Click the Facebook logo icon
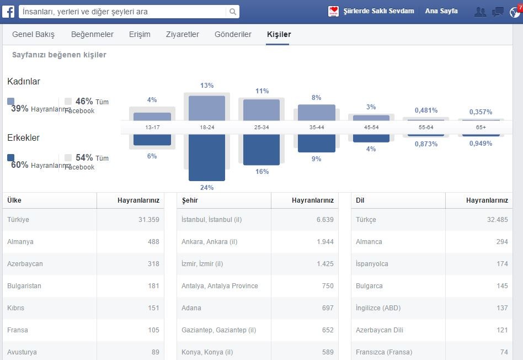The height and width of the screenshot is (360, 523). tap(8, 12)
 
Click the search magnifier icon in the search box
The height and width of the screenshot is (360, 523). tap(233, 12)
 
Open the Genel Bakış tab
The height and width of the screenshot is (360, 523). tap(33, 34)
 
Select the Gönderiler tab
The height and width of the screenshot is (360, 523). tap(233, 34)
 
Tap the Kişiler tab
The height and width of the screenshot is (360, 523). tap(279, 34)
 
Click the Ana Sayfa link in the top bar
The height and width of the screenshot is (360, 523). tap(441, 11)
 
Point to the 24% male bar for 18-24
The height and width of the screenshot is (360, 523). tap(207, 157)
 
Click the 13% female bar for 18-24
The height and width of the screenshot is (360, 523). tap(207, 108)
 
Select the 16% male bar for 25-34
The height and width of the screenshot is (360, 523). tap(261, 150)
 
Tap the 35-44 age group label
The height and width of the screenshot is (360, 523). tap(317, 127)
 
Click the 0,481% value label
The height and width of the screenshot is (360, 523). tap(426, 110)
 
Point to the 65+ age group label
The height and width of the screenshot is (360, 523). tap(481, 127)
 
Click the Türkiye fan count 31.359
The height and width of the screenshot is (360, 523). tap(149, 220)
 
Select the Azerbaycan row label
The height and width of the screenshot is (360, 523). tap(25, 264)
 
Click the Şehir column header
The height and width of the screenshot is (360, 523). tap(190, 200)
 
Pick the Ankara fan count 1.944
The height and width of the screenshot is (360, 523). tap(325, 242)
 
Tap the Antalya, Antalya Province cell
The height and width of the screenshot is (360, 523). tap(220, 286)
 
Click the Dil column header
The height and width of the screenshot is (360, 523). tap(360, 200)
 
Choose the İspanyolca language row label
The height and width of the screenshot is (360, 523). tap(372, 264)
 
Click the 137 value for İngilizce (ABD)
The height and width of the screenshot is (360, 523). tap(502, 308)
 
